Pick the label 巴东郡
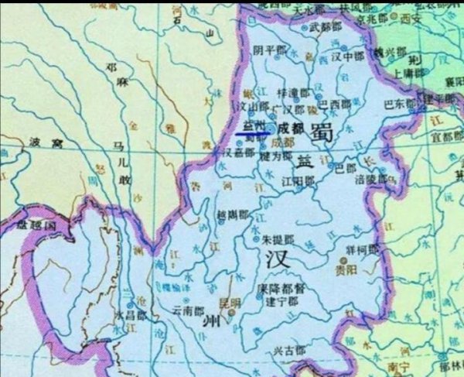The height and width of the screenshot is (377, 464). pyautogui.click(x=398, y=103)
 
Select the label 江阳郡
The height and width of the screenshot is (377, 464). pyautogui.click(x=299, y=180)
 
